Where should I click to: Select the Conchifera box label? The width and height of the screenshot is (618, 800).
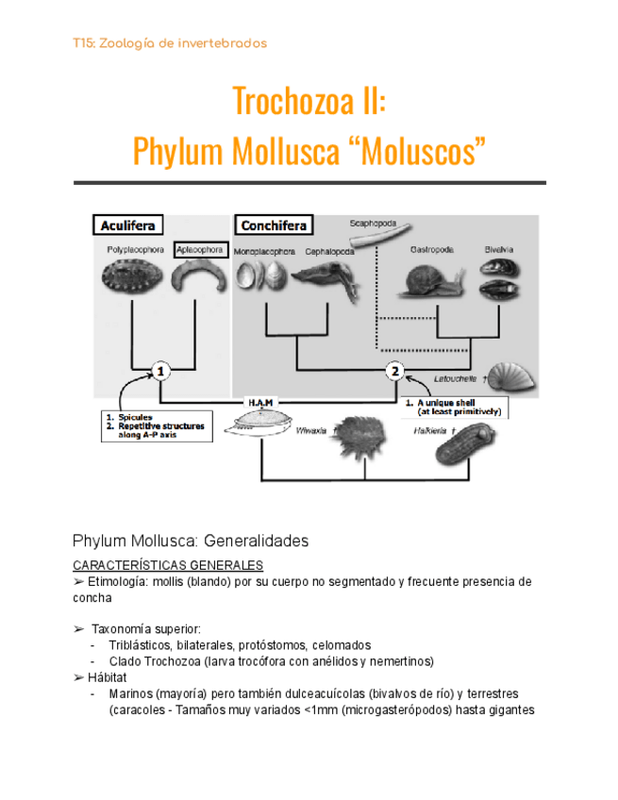tap(272, 226)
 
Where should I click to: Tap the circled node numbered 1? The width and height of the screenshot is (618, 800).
tap(161, 372)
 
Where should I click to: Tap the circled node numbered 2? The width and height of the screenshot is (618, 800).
tap(394, 372)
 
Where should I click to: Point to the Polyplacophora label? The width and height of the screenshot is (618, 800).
tap(134, 251)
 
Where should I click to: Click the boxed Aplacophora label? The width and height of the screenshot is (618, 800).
tap(199, 250)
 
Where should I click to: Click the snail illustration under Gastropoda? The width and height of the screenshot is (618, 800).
tap(433, 279)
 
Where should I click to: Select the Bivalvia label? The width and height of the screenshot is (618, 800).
tap(499, 249)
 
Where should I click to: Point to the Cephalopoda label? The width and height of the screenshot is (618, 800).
tap(330, 253)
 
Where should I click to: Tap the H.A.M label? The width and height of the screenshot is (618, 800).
tap(262, 401)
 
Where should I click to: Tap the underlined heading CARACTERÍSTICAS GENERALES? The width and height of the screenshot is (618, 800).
tap(168, 565)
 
